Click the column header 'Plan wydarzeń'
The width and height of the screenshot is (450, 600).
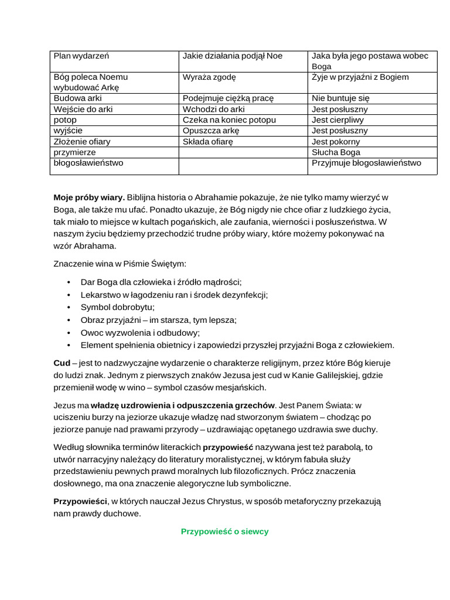(81, 56)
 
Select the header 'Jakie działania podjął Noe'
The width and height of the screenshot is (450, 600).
(232, 56)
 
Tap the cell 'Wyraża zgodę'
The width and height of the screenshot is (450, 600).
(209, 77)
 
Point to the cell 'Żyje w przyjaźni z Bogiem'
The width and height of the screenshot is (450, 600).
(360, 77)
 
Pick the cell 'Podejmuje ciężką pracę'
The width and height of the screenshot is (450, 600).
(228, 98)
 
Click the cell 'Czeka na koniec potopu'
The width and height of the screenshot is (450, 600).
(229, 120)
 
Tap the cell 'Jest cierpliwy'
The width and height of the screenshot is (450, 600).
(339, 120)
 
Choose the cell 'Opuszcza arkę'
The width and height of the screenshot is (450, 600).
(211, 131)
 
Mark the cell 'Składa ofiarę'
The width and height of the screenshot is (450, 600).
(208, 142)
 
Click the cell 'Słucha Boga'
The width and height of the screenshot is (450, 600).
(336, 152)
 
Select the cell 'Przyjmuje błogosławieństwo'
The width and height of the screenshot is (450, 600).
(366, 163)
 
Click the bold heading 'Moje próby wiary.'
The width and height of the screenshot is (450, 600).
(89, 197)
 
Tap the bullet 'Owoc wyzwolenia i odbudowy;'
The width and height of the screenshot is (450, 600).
(140, 332)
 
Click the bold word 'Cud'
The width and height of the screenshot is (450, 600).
(62, 363)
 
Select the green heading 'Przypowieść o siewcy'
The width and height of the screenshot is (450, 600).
(224, 531)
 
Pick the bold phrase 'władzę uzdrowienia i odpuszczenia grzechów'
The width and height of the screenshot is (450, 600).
(183, 404)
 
